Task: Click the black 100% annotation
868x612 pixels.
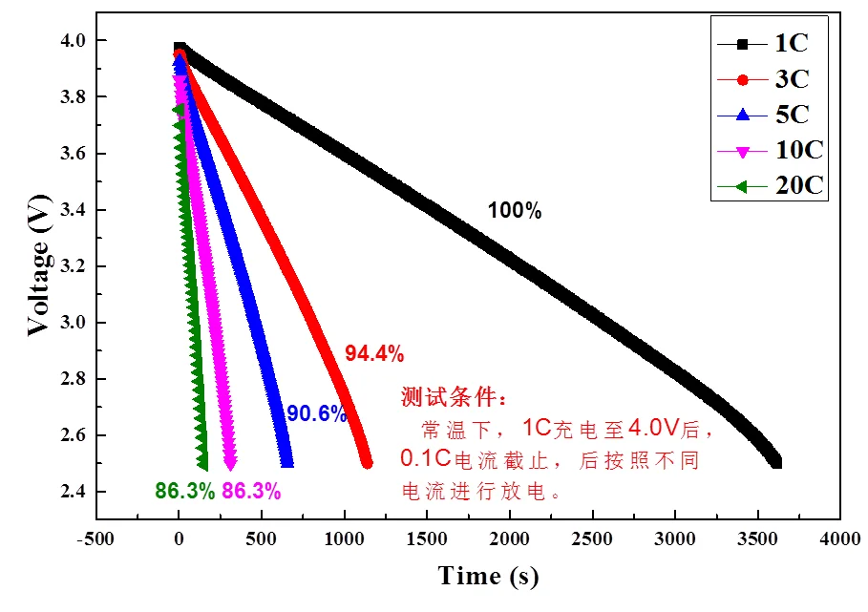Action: (514, 212)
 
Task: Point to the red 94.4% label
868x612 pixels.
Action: (374, 354)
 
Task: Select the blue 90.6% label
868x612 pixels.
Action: (316, 414)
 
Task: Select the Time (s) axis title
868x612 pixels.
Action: (488, 577)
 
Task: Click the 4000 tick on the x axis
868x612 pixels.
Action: (841, 538)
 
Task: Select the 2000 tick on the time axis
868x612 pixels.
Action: (510, 538)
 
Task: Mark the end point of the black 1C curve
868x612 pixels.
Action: (775, 462)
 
